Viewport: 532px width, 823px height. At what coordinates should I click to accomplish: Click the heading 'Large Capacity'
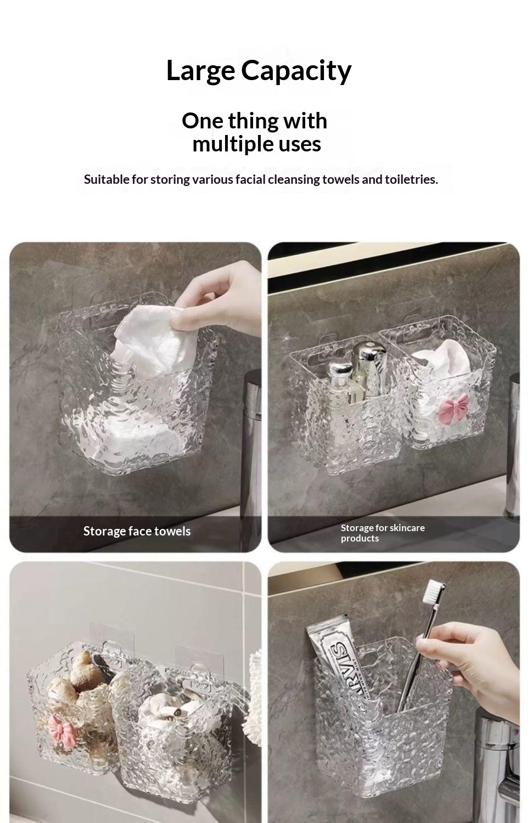coord(259,71)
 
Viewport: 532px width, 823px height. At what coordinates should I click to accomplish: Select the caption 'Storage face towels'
coord(137,531)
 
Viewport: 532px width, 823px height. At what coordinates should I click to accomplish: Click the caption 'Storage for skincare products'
coord(382,533)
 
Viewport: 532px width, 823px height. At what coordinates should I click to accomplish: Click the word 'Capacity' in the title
coord(296,71)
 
